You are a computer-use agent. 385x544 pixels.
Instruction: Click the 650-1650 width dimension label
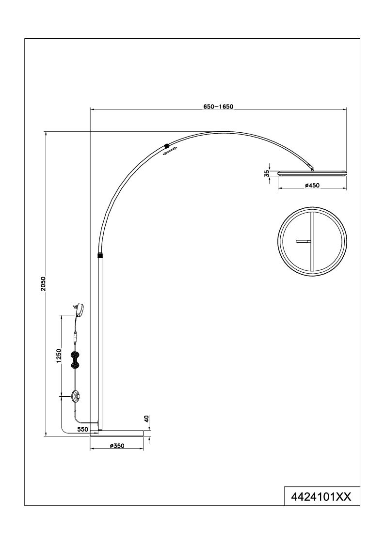(218, 107)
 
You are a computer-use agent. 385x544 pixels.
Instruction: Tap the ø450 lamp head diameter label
(312, 186)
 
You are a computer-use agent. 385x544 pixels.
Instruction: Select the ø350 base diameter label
(117, 446)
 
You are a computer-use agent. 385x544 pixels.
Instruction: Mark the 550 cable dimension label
(82, 429)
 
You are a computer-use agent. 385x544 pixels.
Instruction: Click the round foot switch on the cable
(75, 396)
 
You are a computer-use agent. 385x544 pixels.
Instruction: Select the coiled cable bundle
(75, 359)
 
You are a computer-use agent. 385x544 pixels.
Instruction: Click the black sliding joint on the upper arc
(166, 145)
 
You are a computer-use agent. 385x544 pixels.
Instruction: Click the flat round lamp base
(116, 433)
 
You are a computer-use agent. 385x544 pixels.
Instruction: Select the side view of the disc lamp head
(312, 172)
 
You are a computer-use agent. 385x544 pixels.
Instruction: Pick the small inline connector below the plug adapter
(75, 336)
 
